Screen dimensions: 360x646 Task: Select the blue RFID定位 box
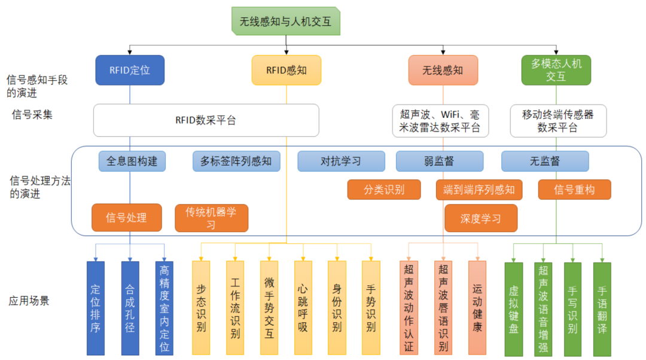pyautogui.click(x=130, y=70)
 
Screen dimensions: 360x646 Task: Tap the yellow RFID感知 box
pyautogui.click(x=287, y=70)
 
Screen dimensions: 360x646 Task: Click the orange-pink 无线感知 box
pyautogui.click(x=443, y=70)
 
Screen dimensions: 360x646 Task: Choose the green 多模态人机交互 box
pyautogui.click(x=556, y=70)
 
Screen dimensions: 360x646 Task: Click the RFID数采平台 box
pyautogui.click(x=206, y=120)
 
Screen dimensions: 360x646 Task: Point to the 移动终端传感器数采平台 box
pyautogui.click(x=557, y=120)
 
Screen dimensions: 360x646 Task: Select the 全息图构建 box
pyautogui.click(x=132, y=161)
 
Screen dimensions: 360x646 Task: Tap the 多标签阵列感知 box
pyautogui.click(x=236, y=161)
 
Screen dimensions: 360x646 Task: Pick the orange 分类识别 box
pyautogui.click(x=383, y=190)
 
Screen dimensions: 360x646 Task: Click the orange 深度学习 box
pyautogui.click(x=480, y=218)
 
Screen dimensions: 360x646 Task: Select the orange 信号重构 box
pyautogui.click(x=574, y=190)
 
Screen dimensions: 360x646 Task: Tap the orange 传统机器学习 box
pyautogui.click(x=211, y=218)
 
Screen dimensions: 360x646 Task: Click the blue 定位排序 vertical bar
pyautogui.click(x=95, y=309)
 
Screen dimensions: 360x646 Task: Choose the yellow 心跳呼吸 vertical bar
pyautogui.click(x=303, y=309)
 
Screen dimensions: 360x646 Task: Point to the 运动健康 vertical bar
pyautogui.click(x=477, y=309)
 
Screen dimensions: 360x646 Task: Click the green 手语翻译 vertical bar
pyautogui.click(x=602, y=309)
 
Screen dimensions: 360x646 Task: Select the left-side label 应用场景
pyautogui.click(x=29, y=301)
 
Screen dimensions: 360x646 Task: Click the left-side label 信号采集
pyautogui.click(x=32, y=114)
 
